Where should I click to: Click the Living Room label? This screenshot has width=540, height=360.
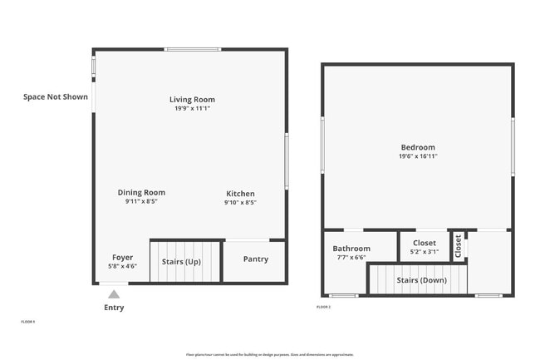pyautogui.click(x=192, y=100)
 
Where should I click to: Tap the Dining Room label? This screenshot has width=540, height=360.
pyautogui.click(x=141, y=193)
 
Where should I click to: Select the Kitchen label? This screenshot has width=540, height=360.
pyautogui.click(x=239, y=194)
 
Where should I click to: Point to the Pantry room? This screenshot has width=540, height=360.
pyautogui.click(x=255, y=259)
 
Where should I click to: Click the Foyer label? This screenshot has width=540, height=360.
pyautogui.click(x=122, y=258)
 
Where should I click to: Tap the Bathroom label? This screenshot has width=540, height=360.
pyautogui.click(x=351, y=249)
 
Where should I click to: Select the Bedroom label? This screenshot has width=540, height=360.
pyautogui.click(x=417, y=148)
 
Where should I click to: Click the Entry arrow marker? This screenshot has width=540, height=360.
pyautogui.click(x=114, y=293)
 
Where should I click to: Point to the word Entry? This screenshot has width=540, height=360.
pyautogui.click(x=114, y=308)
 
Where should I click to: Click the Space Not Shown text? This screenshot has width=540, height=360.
pyautogui.click(x=56, y=97)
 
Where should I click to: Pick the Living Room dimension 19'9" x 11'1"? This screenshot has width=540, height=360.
pyautogui.click(x=192, y=108)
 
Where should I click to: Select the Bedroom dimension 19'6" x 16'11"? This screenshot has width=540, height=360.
pyautogui.click(x=417, y=156)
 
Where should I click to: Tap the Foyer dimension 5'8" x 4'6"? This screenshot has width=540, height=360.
pyautogui.click(x=122, y=267)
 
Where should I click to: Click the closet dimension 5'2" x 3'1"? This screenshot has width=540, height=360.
pyautogui.click(x=425, y=252)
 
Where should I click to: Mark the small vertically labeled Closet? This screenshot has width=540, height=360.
pyautogui.click(x=458, y=245)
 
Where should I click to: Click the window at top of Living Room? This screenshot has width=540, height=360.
pyautogui.click(x=193, y=50)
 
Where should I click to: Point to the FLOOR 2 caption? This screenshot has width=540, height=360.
pyautogui.click(x=323, y=308)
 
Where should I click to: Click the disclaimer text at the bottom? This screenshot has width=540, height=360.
pyautogui.click(x=270, y=354)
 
